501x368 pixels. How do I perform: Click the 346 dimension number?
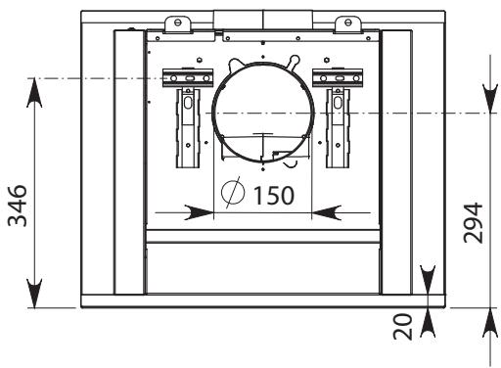click(x=18, y=206)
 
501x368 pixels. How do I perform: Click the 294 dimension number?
click(x=473, y=222)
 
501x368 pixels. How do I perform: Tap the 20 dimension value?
click(x=402, y=327)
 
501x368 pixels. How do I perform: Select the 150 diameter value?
click(x=273, y=195)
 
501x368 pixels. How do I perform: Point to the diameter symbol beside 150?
click(x=233, y=193)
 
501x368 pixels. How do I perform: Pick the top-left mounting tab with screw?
click(x=178, y=24)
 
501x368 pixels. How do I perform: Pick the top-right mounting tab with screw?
click(x=348, y=24)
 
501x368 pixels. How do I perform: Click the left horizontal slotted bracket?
click(x=188, y=78)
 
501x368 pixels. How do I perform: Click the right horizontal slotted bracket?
click(x=338, y=78)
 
